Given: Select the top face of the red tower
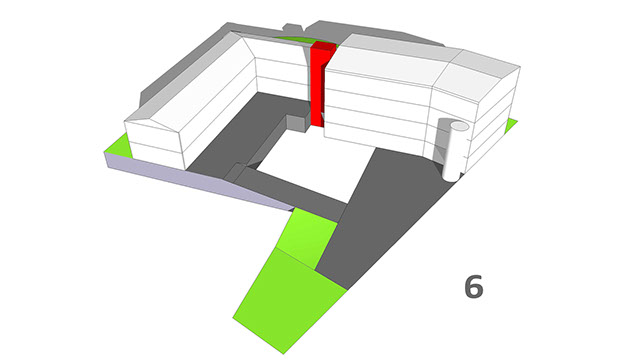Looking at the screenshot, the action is [x=324, y=46].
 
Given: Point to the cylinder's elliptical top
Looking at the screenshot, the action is [x=460, y=126].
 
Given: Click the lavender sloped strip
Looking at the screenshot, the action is [x=194, y=181].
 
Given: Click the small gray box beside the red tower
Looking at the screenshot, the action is [x=297, y=123].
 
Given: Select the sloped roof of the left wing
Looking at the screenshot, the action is [x=194, y=81].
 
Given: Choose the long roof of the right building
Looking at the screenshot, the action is [x=388, y=61].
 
